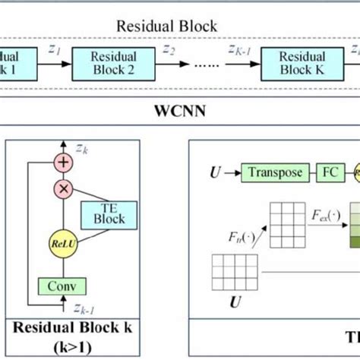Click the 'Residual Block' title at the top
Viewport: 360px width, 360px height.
click(x=166, y=26)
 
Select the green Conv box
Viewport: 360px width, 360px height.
click(x=62, y=286)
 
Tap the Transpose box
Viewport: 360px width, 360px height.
click(x=274, y=173)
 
